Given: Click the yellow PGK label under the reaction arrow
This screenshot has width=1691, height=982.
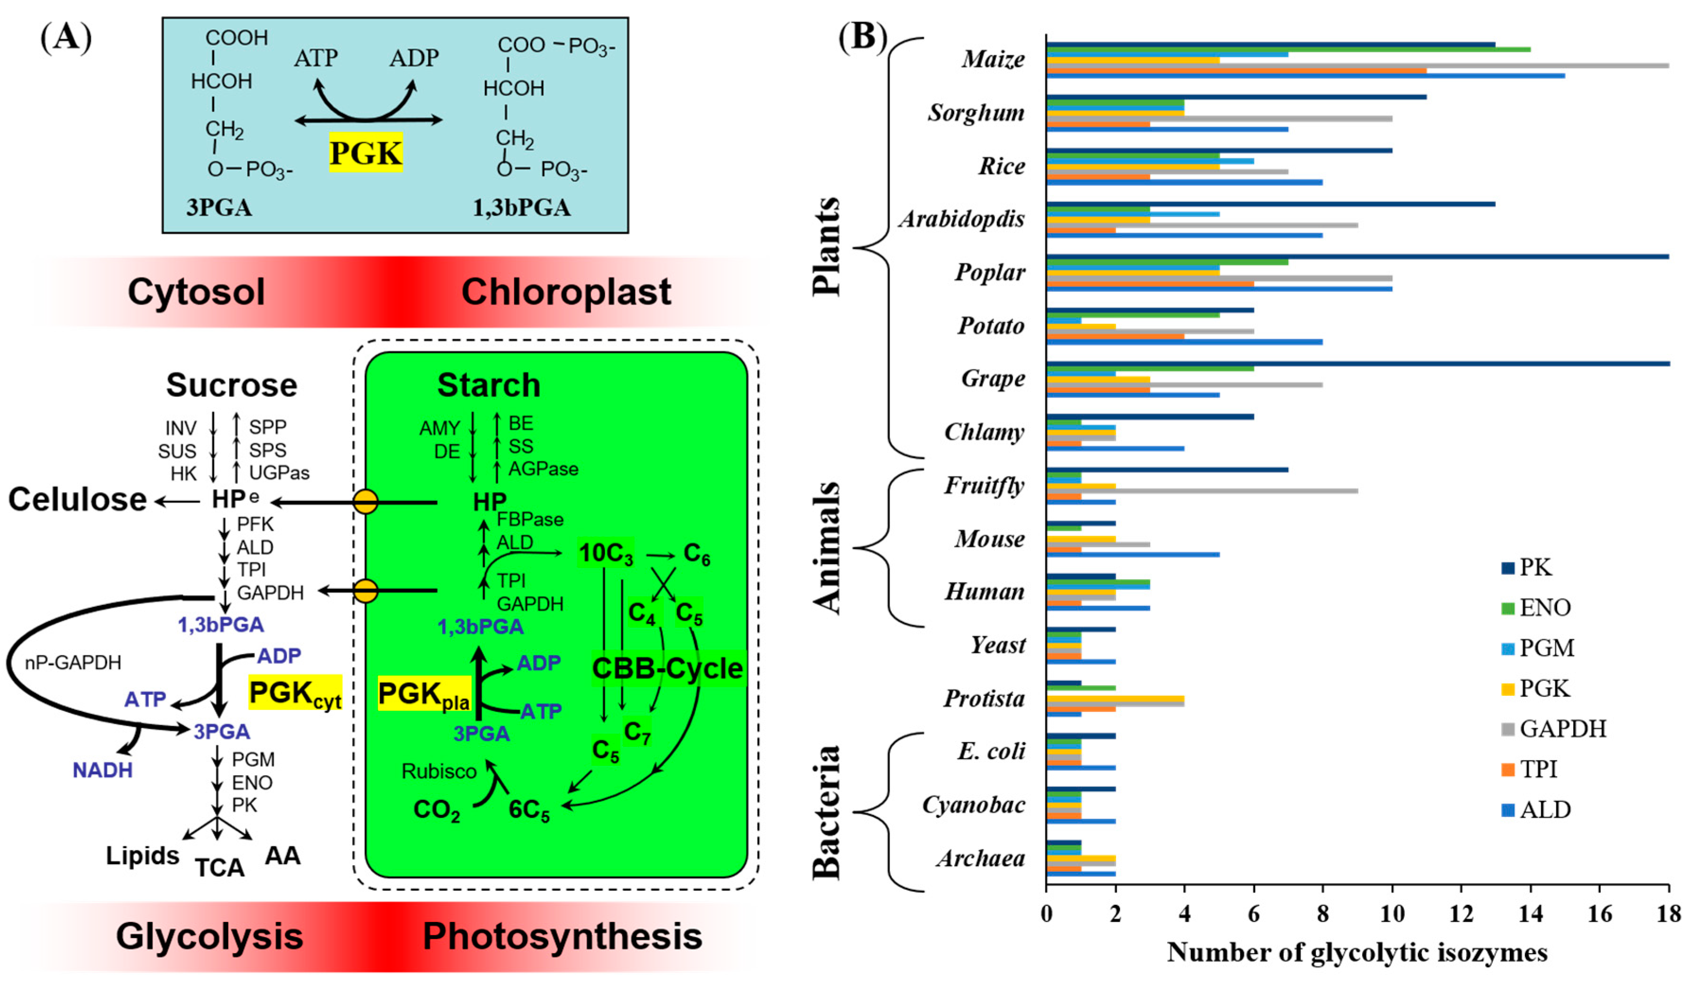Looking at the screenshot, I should [x=366, y=152].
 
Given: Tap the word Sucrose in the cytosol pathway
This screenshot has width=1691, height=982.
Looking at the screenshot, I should [x=231, y=385].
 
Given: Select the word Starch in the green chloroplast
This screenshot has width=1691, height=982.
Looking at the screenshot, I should [x=488, y=385].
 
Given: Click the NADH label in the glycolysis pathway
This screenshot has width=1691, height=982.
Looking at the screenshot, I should [x=103, y=770].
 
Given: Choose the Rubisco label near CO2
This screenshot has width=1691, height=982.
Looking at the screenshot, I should [x=439, y=772].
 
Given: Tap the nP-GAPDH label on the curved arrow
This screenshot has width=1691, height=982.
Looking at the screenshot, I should [x=73, y=663].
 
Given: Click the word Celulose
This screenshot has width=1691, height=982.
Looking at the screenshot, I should [x=77, y=500].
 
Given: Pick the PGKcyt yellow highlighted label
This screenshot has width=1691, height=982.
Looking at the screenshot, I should [x=295, y=693].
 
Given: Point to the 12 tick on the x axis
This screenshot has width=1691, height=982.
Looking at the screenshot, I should [x=1461, y=913].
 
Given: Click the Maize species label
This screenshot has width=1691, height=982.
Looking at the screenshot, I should [x=993, y=59].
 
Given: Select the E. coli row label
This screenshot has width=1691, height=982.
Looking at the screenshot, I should [x=991, y=751].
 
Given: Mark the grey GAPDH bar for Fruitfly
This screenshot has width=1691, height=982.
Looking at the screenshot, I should [x=1201, y=491].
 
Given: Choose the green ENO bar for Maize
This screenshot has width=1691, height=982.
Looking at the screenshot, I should [x=1288, y=50].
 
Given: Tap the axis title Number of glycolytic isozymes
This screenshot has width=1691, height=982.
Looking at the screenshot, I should [x=1357, y=953].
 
